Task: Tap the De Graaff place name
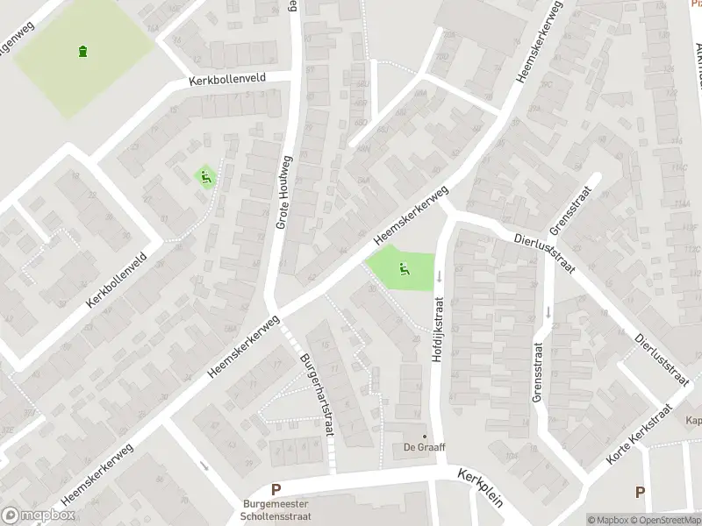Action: pos(425,448)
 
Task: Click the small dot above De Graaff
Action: pos(425,436)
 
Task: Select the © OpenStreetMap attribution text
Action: pos(664,520)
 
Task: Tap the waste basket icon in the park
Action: pos(82,52)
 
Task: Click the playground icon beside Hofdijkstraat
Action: pos(403,268)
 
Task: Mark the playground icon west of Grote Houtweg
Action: pos(206,177)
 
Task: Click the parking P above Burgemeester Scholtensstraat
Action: pos(276,490)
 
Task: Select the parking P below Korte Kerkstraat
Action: pos(640,493)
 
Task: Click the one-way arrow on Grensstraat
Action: pos(548,311)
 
